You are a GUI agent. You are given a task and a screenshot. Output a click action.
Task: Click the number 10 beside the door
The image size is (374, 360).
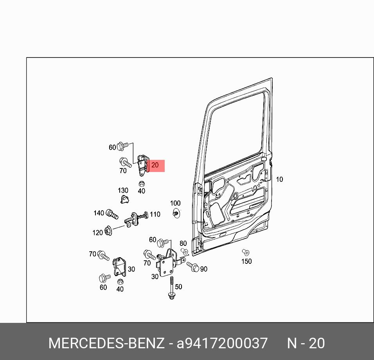pyautogui.click(x=279, y=179)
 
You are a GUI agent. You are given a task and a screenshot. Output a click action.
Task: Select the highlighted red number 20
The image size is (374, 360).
pyautogui.click(x=155, y=165)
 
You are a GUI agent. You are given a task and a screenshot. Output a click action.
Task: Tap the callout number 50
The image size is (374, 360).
pyautogui.click(x=178, y=287)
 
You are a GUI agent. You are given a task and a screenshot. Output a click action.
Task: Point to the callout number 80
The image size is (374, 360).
pyautogui.click(x=183, y=244)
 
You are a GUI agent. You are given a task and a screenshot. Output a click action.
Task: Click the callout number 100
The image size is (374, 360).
pyautogui.click(x=175, y=203)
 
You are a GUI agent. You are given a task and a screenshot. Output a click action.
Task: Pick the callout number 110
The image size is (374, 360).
pyautogui.click(x=155, y=214)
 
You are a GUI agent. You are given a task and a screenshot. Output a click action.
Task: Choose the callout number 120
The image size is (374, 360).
pyautogui.click(x=97, y=233)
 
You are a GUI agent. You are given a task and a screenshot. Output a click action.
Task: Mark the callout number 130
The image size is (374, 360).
pyautogui.click(x=123, y=190)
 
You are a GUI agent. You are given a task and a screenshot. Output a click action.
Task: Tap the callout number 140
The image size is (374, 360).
pyautogui.click(x=99, y=213)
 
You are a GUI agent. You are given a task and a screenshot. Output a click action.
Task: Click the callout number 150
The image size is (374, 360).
pyautogui.click(x=246, y=261)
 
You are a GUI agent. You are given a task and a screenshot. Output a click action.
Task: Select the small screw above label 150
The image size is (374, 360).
pyautogui.click(x=246, y=252)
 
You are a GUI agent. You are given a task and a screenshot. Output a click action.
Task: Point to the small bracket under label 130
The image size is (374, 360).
pyautogui.click(x=125, y=199)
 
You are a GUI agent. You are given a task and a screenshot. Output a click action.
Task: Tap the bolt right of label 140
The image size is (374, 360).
pyautogui.click(x=112, y=214)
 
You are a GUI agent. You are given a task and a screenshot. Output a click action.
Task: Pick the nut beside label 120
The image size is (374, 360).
pyautogui.click(x=108, y=231)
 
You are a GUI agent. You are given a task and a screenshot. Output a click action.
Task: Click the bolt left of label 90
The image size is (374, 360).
pyautogui.click(x=192, y=267)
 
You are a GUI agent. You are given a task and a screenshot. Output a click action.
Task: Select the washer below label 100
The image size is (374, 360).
pyautogui.click(x=176, y=213)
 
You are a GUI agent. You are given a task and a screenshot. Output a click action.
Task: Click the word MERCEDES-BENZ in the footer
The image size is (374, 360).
pyautogui.click(x=106, y=343)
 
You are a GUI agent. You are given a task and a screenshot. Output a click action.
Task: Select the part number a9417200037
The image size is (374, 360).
pyautogui.click(x=222, y=343)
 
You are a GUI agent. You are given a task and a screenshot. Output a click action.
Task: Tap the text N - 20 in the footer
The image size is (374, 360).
pyautogui.click(x=306, y=343)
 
